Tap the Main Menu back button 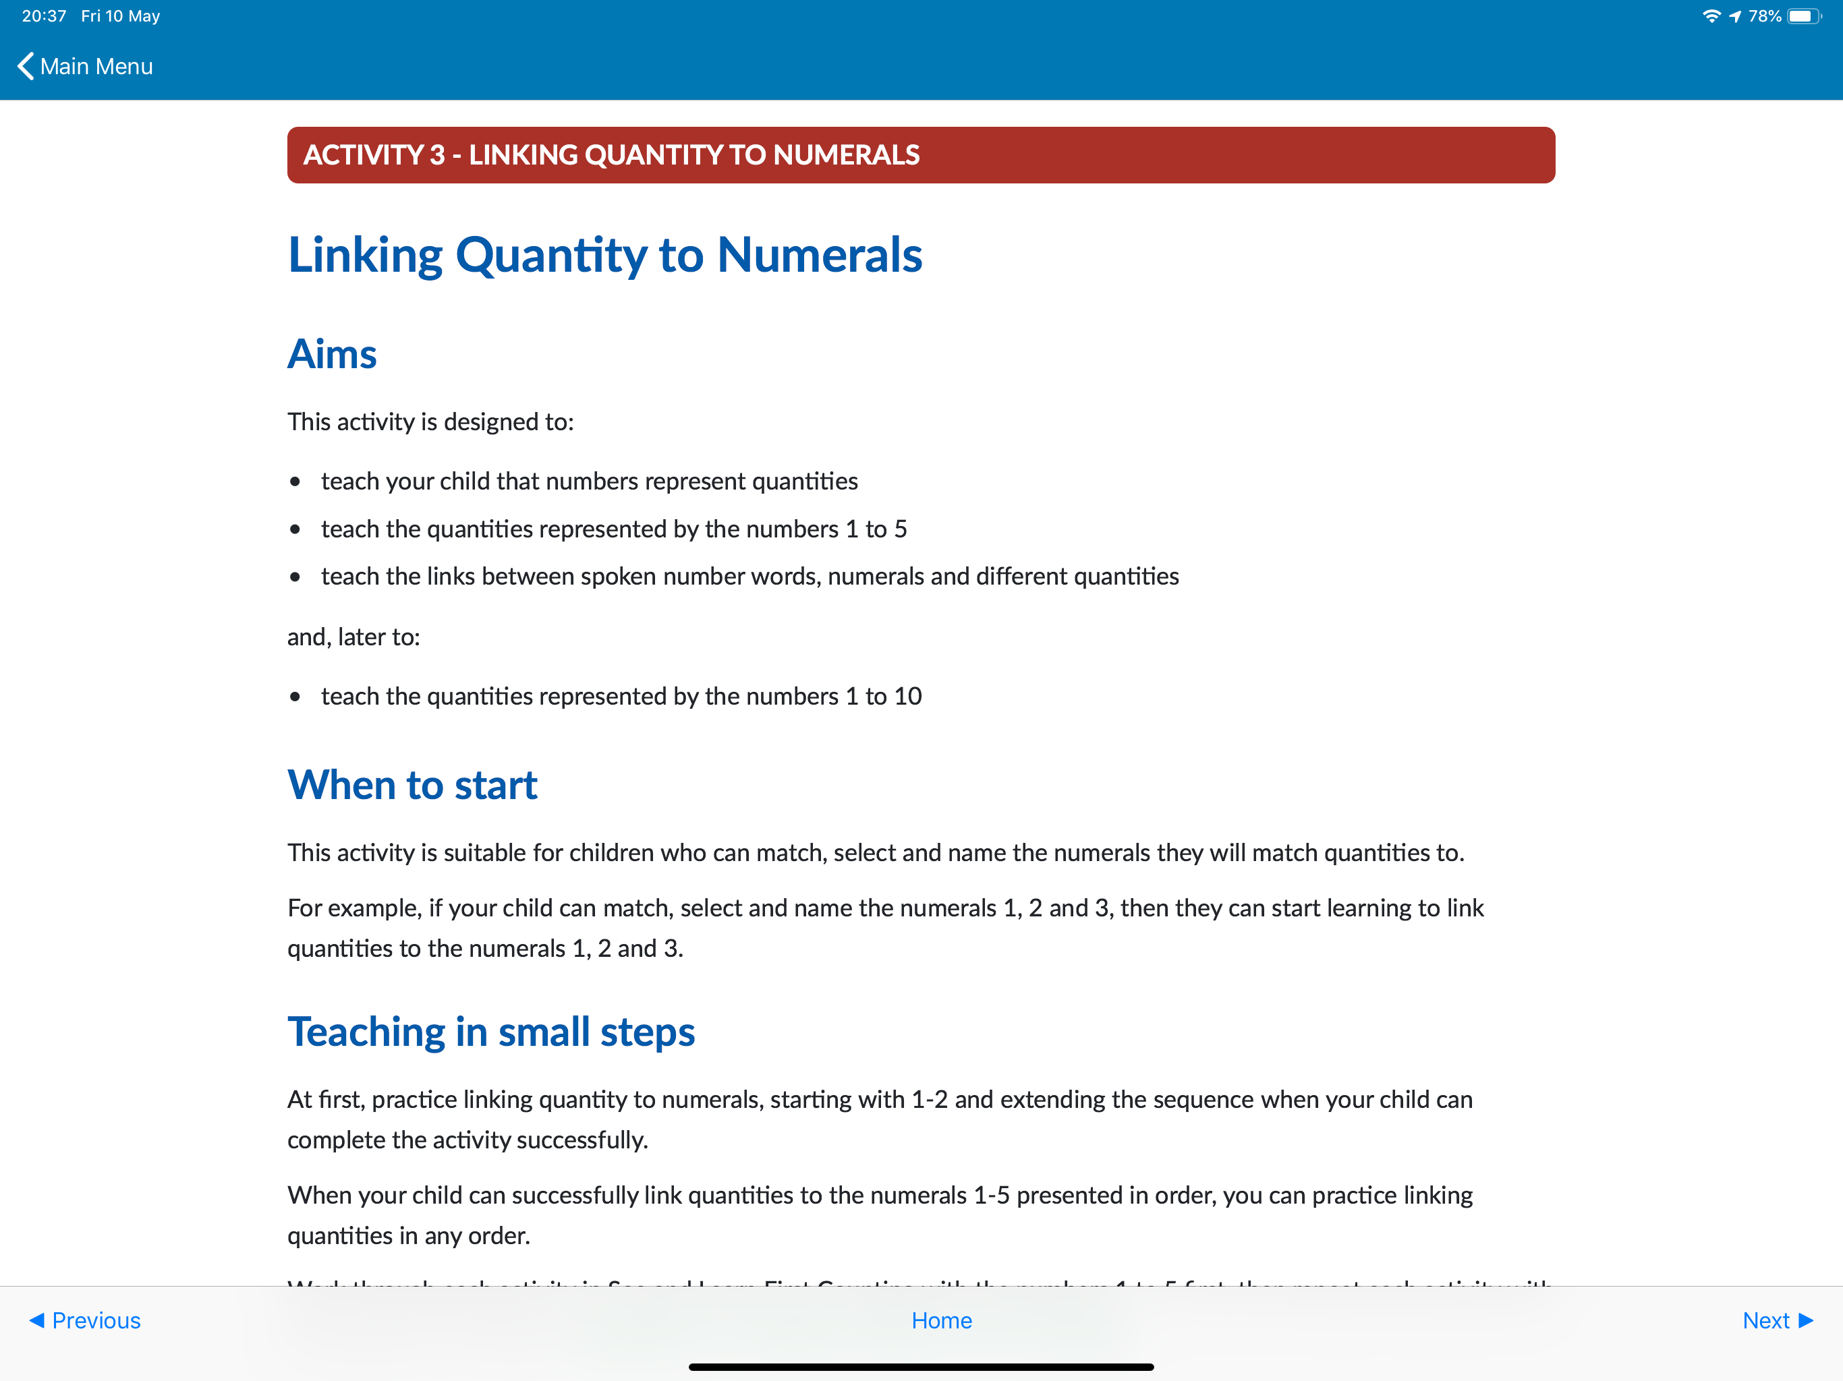85,67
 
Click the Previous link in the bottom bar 86,1320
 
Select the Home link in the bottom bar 942,1320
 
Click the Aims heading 332,354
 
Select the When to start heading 412,785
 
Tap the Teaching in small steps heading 490,1031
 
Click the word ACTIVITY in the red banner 363,155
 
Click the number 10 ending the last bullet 907,697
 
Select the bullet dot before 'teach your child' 295,481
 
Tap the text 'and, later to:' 353,637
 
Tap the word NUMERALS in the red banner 846,155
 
